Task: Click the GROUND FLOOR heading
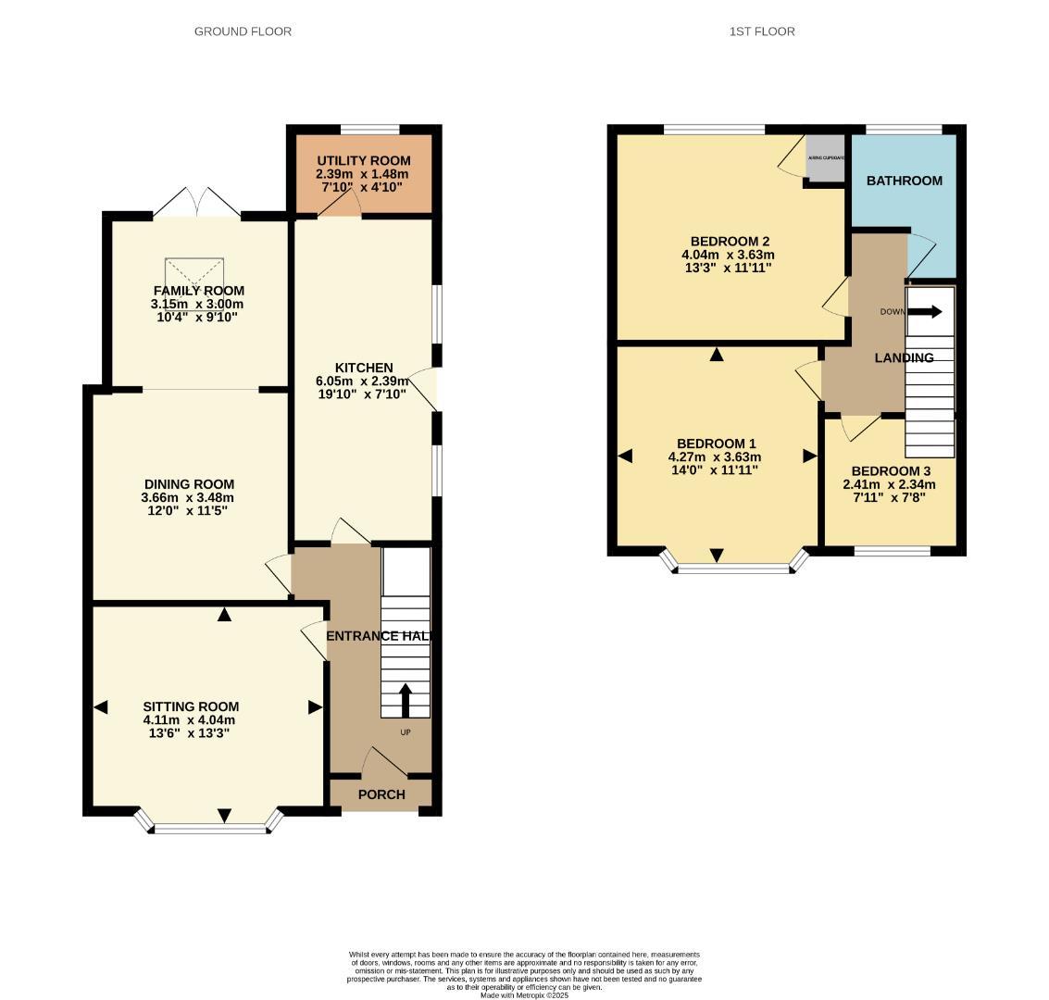243,31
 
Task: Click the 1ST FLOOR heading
762,31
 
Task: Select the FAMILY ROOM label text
197,291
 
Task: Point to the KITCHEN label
364,368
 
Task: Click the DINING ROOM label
189,484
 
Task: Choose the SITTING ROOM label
191,706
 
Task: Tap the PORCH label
381,794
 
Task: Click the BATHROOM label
904,181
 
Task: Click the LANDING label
904,357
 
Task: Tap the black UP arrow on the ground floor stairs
406,699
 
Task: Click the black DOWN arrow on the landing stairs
924,312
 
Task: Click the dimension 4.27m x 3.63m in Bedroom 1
715,456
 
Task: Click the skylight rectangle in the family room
195,274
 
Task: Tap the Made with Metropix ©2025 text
524,995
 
